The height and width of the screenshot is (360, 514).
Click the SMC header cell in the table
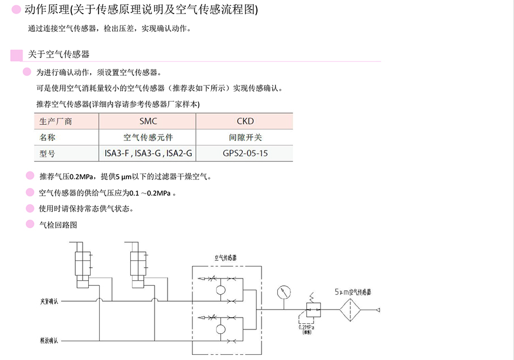pos(148,121)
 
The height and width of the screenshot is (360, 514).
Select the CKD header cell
pos(245,121)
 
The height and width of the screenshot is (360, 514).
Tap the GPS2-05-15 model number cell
pos(245,153)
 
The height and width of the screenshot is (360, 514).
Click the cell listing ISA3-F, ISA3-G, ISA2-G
pos(148,153)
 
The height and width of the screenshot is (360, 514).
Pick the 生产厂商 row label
pos(55,121)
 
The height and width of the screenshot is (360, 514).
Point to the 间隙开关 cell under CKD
pos(245,137)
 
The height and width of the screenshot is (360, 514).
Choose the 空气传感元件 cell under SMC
pos(148,137)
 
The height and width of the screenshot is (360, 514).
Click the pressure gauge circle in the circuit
pos(284,293)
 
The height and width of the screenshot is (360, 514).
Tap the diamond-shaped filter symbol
pos(352,309)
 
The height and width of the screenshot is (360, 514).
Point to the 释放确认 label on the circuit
pos(49,341)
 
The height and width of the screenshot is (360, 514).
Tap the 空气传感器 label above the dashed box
pos(225,258)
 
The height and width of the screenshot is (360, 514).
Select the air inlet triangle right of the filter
pos(377,310)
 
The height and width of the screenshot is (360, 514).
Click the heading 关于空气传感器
pos(59,54)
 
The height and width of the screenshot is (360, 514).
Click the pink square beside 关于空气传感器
pos(17,55)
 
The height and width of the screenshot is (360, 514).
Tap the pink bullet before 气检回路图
pos(30,224)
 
